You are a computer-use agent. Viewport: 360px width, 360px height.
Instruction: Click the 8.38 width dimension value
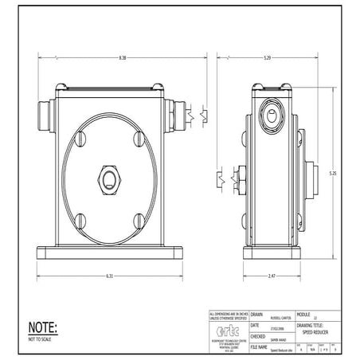point(120,57)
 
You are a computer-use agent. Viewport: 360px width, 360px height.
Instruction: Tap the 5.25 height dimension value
point(335,173)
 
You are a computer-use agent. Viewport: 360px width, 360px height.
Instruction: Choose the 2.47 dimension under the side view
point(271,276)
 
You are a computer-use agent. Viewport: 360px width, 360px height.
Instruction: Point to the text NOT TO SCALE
point(40,338)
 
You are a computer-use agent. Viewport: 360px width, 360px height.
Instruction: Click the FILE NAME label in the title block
point(259,347)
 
